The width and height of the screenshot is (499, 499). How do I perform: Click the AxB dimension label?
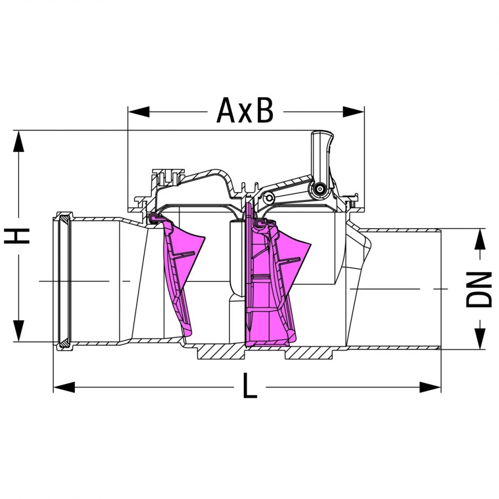pos(245,110)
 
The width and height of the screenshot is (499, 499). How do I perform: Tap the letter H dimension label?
pos(16,236)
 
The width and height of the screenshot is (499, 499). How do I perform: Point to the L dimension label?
pos(250,386)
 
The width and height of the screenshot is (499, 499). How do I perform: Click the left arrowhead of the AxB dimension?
pos(139,111)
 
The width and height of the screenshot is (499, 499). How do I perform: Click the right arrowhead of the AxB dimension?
pos(353,111)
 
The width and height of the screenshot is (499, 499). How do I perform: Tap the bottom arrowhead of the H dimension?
pos(19,331)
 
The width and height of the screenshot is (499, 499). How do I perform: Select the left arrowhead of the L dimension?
pos(64,388)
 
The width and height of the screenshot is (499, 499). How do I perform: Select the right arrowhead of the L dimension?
pos(431,388)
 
